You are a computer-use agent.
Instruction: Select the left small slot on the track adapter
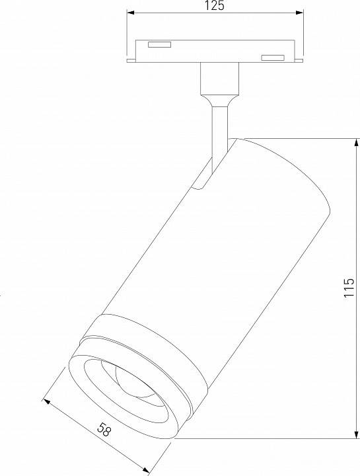point(159,44)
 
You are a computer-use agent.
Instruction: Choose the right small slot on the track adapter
point(271,58)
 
